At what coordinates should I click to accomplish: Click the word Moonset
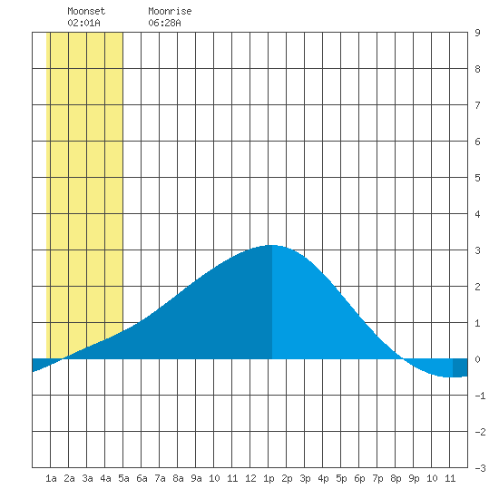click(86, 11)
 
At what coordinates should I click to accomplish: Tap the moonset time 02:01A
click(83, 23)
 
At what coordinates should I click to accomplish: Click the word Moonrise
click(170, 11)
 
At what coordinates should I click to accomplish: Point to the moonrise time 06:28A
click(164, 23)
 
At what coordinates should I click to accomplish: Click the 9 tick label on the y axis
click(477, 33)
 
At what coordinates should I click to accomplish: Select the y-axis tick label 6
click(477, 142)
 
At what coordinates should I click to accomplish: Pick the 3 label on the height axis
click(477, 250)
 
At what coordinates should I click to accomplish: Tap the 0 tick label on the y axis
click(477, 359)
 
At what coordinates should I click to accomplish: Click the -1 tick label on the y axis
click(480, 396)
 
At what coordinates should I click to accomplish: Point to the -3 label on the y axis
click(480, 468)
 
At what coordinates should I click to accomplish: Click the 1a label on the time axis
click(51, 478)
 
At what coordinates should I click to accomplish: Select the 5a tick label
click(123, 478)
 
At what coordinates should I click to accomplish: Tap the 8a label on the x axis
click(178, 478)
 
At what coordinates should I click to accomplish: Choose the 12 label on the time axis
click(250, 478)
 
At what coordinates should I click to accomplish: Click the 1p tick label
click(269, 478)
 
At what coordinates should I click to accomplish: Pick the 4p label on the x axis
click(323, 478)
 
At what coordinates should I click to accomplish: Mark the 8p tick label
click(396, 478)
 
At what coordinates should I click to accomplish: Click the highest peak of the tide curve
click(271, 245)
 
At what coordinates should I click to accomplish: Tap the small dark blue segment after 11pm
click(460, 367)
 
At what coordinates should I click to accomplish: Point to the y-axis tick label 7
click(477, 105)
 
